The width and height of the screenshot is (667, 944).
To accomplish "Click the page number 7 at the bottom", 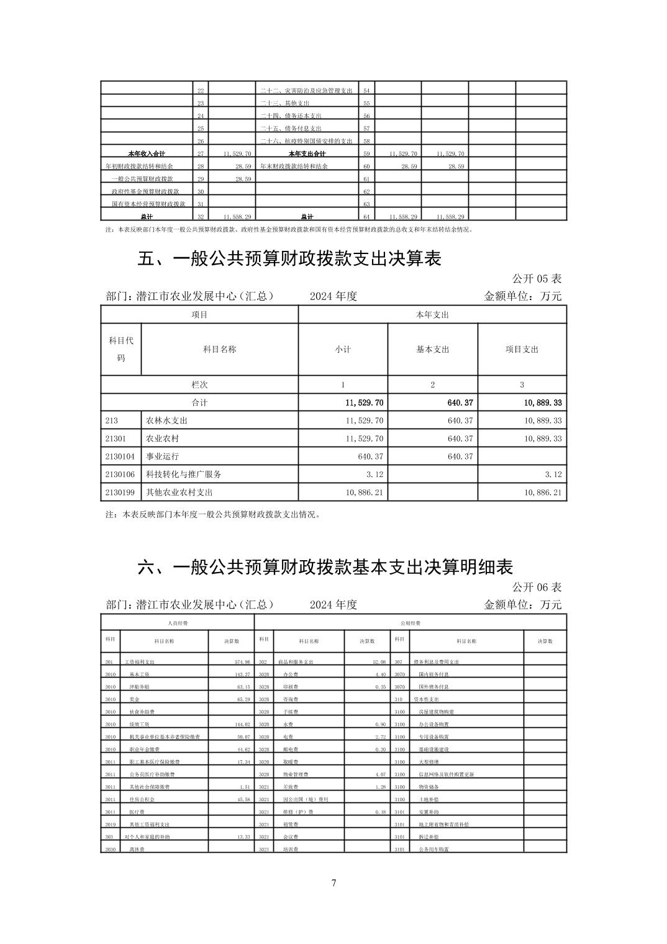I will [x=333, y=883].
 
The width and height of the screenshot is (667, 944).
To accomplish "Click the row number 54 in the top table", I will [x=366, y=91].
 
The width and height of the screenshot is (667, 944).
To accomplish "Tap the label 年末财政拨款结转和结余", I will [x=294, y=166].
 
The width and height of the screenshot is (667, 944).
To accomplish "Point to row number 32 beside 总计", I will [x=201, y=217].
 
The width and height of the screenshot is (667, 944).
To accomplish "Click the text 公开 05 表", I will [x=537, y=279].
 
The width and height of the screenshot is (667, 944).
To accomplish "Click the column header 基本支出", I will [x=432, y=350].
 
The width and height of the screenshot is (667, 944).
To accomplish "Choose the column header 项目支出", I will [x=522, y=350].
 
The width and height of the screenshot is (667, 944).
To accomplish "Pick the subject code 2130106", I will [x=120, y=474].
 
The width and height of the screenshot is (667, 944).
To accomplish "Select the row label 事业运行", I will [x=162, y=456].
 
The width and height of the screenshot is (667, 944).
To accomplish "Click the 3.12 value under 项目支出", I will [x=553, y=474].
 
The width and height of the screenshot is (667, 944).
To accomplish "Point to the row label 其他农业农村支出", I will [x=179, y=492].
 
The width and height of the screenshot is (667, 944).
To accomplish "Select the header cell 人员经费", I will [x=178, y=622].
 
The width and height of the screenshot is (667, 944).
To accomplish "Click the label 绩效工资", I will [x=138, y=724].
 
